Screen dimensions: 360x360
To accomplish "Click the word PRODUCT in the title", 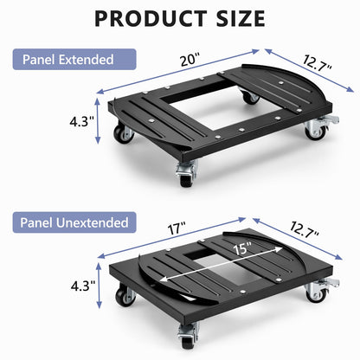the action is coord(151,18).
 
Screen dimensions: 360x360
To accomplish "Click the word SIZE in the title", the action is coord(241,18).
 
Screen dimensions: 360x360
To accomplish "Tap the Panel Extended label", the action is coord(74,60).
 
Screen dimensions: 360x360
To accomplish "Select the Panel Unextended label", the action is coord(74,222).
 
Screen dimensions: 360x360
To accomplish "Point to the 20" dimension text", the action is coord(190,61).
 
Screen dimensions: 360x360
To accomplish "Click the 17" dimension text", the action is coord(177,228).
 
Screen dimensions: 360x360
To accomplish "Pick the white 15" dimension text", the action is coord(242,248).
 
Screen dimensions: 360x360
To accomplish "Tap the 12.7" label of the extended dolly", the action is coord(318,63).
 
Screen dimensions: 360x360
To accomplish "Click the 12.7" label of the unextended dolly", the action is coord(305,229).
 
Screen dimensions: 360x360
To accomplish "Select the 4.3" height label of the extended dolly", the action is coord(81,121).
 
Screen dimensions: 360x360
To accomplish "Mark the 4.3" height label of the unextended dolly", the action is coord(83,286).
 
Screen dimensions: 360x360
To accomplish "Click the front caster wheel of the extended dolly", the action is coord(186,174).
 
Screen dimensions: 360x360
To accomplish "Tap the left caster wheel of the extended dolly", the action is coord(124,134).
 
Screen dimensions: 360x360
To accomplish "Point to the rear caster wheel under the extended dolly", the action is coord(249,97).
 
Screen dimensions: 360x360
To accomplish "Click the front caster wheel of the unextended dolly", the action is coord(188,336).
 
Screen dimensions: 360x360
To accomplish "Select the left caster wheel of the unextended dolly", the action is coord(125,296).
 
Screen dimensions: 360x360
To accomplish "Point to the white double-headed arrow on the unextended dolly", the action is coord(222,264).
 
